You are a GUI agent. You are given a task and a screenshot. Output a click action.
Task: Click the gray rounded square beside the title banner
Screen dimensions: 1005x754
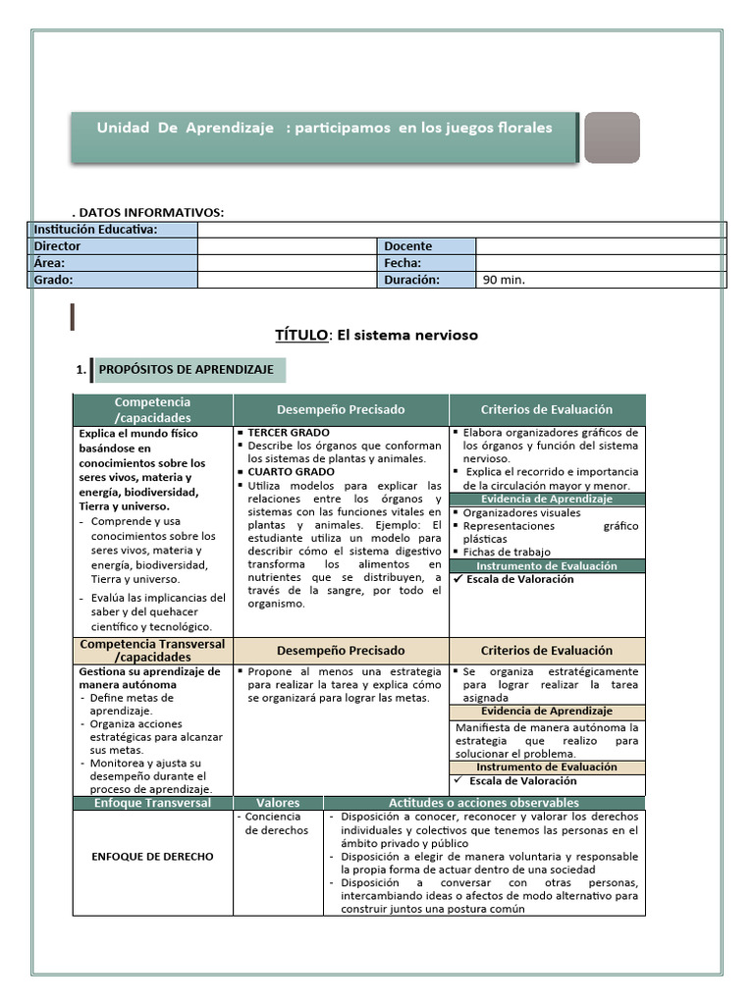612,137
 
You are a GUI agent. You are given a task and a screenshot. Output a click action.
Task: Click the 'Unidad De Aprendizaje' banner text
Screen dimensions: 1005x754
324,129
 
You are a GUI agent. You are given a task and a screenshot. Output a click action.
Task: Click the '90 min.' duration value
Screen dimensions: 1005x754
504,280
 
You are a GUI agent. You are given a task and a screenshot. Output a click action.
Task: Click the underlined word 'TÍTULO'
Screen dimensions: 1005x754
301,335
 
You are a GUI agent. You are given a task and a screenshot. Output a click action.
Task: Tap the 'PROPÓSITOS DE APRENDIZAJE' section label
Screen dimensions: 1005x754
187,370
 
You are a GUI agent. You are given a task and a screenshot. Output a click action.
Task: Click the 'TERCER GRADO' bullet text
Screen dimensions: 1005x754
289,433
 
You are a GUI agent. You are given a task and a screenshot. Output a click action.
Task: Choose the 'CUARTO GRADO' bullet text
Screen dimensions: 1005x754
291,472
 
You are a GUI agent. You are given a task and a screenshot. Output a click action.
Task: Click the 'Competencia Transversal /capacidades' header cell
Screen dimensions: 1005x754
152,650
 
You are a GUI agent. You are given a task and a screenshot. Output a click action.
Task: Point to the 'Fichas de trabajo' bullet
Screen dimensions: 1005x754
507,552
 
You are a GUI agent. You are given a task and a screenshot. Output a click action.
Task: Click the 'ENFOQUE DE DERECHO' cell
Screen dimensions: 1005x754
152,857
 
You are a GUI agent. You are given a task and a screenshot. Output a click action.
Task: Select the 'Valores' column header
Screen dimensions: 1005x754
278,803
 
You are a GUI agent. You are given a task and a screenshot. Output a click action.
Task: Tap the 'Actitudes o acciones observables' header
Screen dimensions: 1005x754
484,803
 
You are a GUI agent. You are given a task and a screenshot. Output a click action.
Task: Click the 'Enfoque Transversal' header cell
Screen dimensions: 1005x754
152,803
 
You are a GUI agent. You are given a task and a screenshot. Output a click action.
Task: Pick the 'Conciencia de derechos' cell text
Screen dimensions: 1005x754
276,823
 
